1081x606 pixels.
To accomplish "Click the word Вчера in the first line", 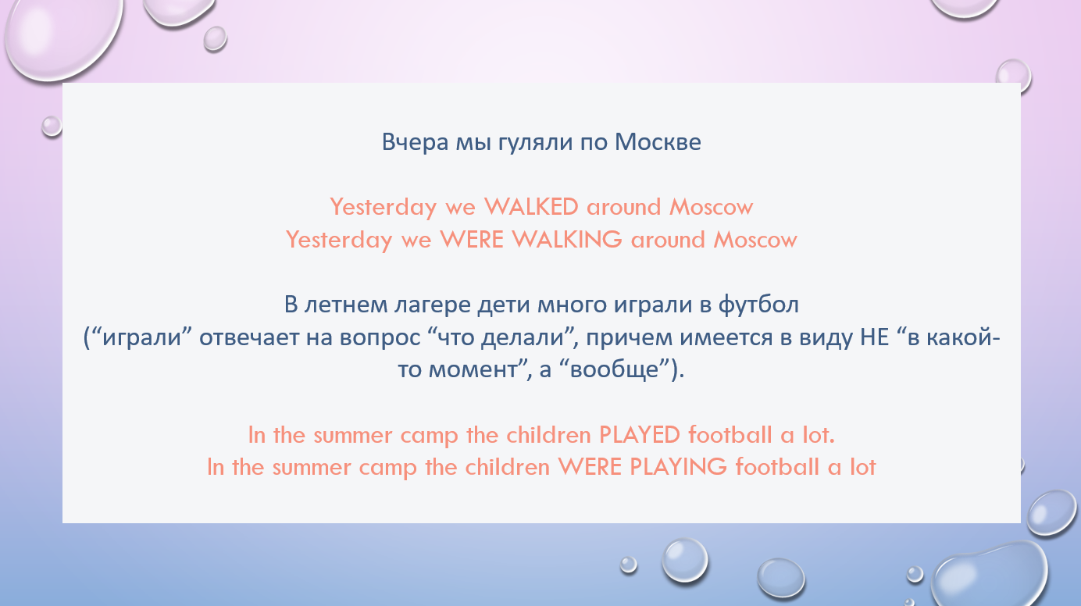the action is pyautogui.click(x=415, y=142).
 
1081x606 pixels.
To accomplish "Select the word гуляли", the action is pyautogui.click(x=535, y=143).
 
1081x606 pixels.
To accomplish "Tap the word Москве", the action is pyautogui.click(x=658, y=142).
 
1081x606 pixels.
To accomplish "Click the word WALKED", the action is pyautogui.click(x=531, y=207).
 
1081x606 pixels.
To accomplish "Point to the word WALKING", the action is pyautogui.click(x=567, y=240).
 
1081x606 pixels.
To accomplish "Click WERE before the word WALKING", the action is pyautogui.click(x=472, y=240).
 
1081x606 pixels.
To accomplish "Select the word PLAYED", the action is pyautogui.click(x=640, y=435).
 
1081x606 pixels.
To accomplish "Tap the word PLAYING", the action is pyautogui.click(x=679, y=467).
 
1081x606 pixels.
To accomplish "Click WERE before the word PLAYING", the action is pyautogui.click(x=589, y=467).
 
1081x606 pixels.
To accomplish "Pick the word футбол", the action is pyautogui.click(x=758, y=305).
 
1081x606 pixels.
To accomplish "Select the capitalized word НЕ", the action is pyautogui.click(x=875, y=337).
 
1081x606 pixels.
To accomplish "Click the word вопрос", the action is pyautogui.click(x=380, y=337).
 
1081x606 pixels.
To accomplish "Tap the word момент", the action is pyautogui.click(x=473, y=370).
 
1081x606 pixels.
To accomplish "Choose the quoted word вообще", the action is pyautogui.click(x=614, y=370).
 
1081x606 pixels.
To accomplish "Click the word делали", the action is pyautogui.click(x=523, y=337).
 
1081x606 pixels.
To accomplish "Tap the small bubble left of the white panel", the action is pyautogui.click(x=52, y=127).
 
